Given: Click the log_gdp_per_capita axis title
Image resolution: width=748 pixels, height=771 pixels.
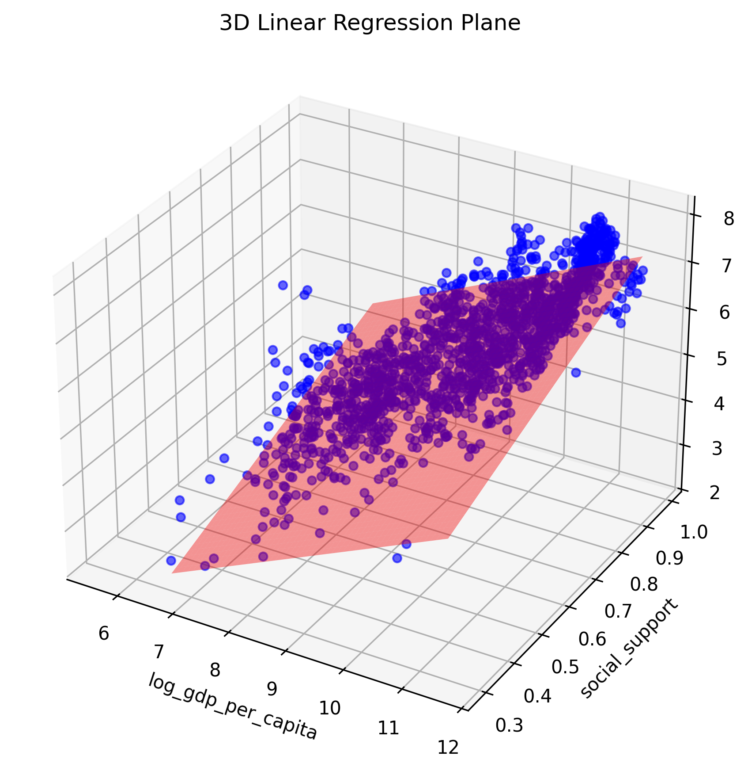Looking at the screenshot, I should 233,706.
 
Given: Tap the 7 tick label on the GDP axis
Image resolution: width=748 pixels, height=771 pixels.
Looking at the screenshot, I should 159,652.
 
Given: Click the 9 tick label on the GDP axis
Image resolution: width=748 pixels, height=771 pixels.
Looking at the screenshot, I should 272,688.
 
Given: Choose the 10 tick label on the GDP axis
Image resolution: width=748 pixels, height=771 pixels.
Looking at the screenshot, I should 330,708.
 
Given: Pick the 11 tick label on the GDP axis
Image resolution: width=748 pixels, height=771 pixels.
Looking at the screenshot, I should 389,727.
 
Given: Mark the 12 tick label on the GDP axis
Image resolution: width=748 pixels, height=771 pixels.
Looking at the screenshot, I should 448,747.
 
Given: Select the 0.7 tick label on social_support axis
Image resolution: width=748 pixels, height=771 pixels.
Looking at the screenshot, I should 618,611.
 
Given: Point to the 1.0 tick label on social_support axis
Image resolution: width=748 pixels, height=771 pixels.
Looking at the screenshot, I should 693,533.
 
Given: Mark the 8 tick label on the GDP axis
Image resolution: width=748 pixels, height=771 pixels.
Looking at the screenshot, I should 215,670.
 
